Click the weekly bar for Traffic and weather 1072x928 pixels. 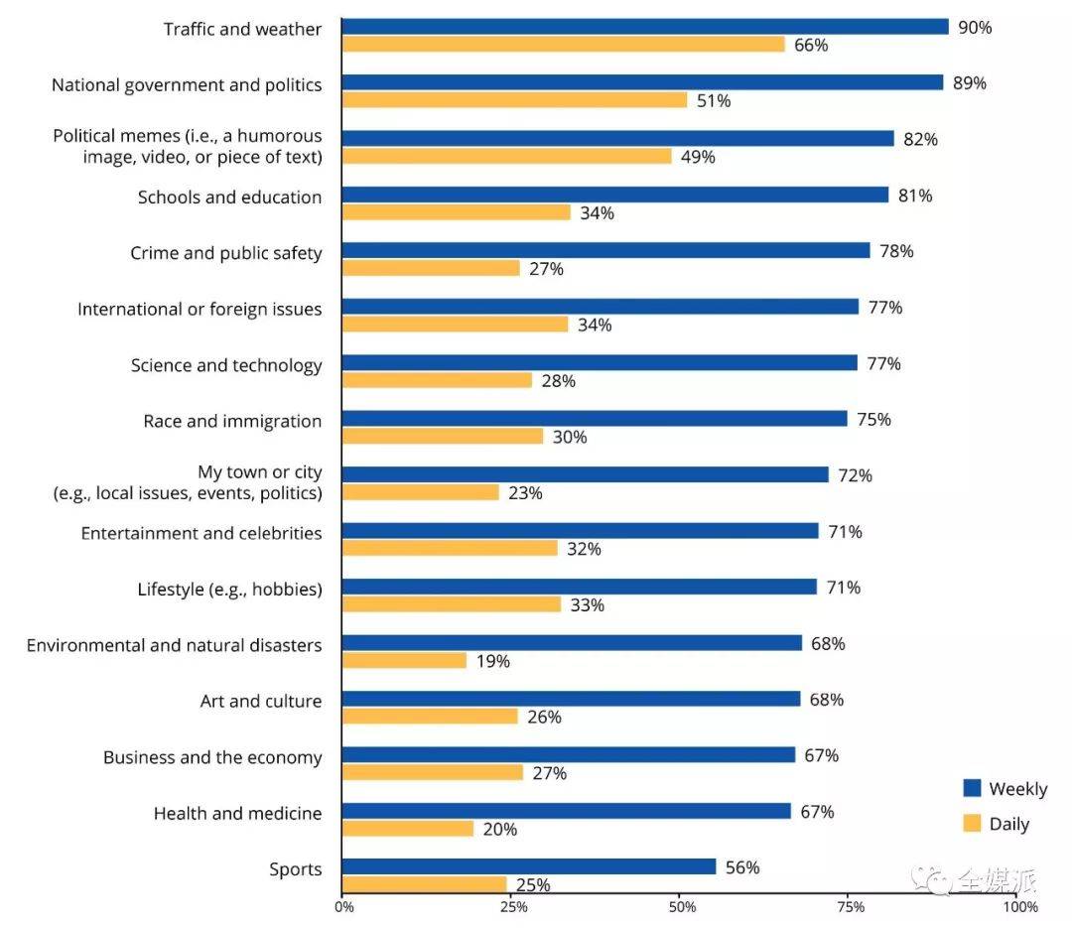click(x=645, y=27)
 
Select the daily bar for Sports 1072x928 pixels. click(x=424, y=884)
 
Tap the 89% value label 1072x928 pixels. click(x=969, y=83)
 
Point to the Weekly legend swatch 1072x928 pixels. click(x=972, y=788)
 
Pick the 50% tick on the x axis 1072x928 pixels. click(x=681, y=906)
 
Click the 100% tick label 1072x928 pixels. click(x=1020, y=906)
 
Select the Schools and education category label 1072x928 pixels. click(x=229, y=197)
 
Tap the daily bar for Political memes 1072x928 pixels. click(x=506, y=156)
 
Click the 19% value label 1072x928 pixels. click(x=493, y=661)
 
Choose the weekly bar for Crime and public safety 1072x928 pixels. click(x=605, y=250)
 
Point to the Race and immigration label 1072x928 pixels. click(x=232, y=421)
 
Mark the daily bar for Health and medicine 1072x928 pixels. click(x=408, y=829)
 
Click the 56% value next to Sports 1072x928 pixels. click(x=742, y=867)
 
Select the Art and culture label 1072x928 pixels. click(x=261, y=702)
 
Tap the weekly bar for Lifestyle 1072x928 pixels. click(x=579, y=587)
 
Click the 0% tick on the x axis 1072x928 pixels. click(x=342, y=906)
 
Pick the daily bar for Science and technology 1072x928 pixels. click(x=437, y=380)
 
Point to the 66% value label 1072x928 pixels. click(x=811, y=46)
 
